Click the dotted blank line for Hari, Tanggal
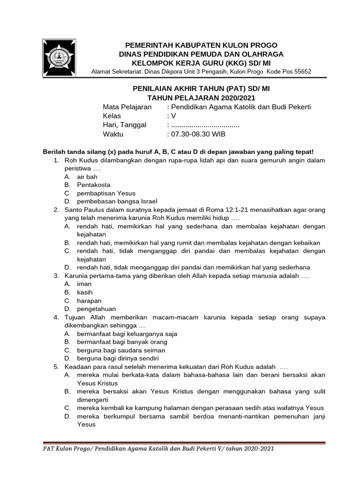[x=205, y=125]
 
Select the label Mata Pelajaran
[x=127, y=107]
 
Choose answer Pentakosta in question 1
[x=94, y=185]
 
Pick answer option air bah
[x=87, y=177]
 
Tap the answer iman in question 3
[x=84, y=284]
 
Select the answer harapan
[x=89, y=300]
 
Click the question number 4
[x=56, y=317]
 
